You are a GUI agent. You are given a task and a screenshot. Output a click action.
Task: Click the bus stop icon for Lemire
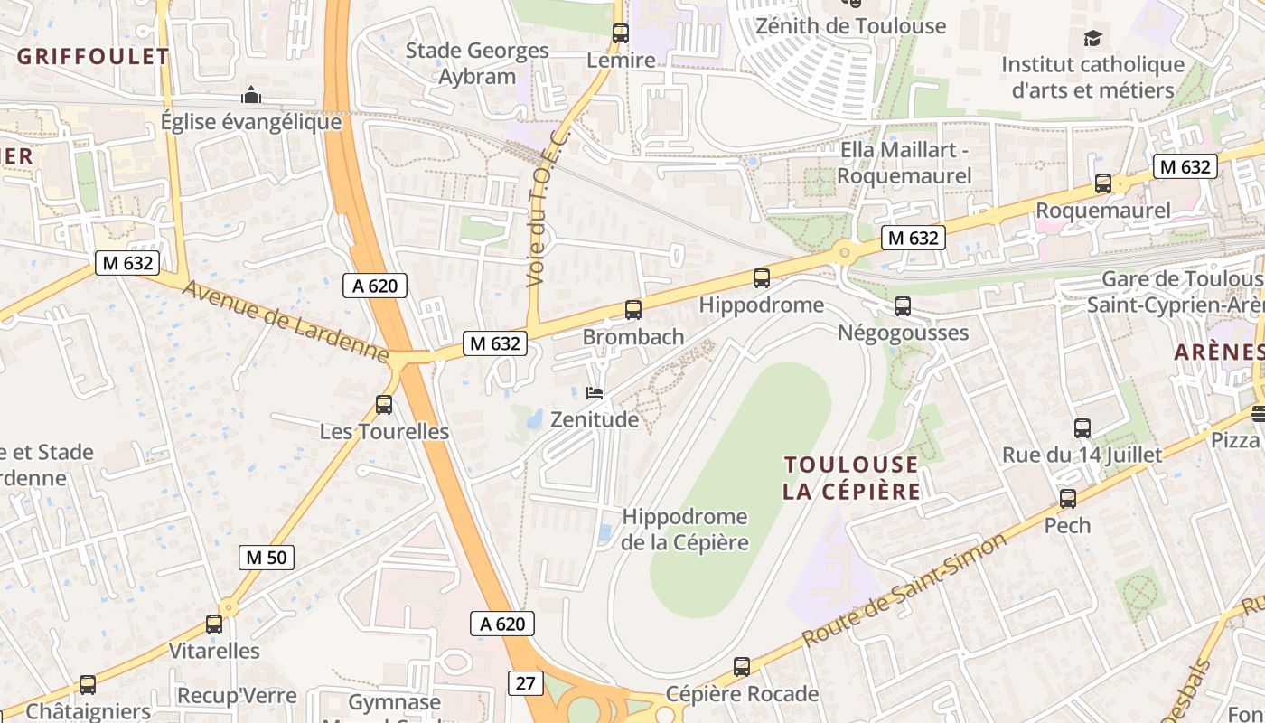pyautogui.click(x=621, y=33)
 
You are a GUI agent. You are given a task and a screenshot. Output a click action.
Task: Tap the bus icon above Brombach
pyautogui.click(x=633, y=310)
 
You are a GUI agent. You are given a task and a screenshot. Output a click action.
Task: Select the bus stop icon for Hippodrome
pyautogui.click(x=762, y=278)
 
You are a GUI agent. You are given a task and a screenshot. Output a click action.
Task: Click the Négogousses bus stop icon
pyautogui.click(x=903, y=306)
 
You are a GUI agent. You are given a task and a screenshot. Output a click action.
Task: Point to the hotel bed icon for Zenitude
pyautogui.click(x=595, y=392)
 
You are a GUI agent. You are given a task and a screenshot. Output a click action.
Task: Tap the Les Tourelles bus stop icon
pyautogui.click(x=384, y=405)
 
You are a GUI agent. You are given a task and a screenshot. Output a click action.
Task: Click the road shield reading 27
pyautogui.click(x=525, y=683)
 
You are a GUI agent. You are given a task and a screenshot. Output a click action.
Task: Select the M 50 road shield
pyautogui.click(x=267, y=557)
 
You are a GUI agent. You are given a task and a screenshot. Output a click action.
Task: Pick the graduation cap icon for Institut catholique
pyautogui.click(x=1093, y=38)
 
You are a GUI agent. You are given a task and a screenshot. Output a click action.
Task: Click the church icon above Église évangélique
pyautogui.click(x=251, y=95)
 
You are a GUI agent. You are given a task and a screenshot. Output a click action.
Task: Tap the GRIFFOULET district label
pyautogui.click(x=93, y=56)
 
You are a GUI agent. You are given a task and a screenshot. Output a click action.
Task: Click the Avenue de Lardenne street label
pyautogui.click(x=286, y=322)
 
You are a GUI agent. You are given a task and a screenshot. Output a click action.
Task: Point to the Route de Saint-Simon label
pyautogui.click(x=904, y=589)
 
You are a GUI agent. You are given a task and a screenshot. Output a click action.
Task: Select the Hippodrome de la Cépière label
pyautogui.click(x=685, y=530)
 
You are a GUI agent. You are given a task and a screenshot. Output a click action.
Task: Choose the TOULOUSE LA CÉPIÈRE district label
pyautogui.click(x=851, y=478)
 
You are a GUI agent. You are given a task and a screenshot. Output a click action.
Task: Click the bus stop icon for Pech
pyautogui.click(x=1068, y=499)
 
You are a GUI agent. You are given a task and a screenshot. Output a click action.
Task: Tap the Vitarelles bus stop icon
pyautogui.click(x=214, y=624)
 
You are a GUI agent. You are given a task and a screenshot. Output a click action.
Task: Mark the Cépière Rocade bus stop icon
pyautogui.click(x=742, y=667)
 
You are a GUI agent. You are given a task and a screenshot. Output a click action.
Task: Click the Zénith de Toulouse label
pyautogui.click(x=850, y=26)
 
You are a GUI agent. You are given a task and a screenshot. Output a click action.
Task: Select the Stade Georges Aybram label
pyautogui.click(x=477, y=63)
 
